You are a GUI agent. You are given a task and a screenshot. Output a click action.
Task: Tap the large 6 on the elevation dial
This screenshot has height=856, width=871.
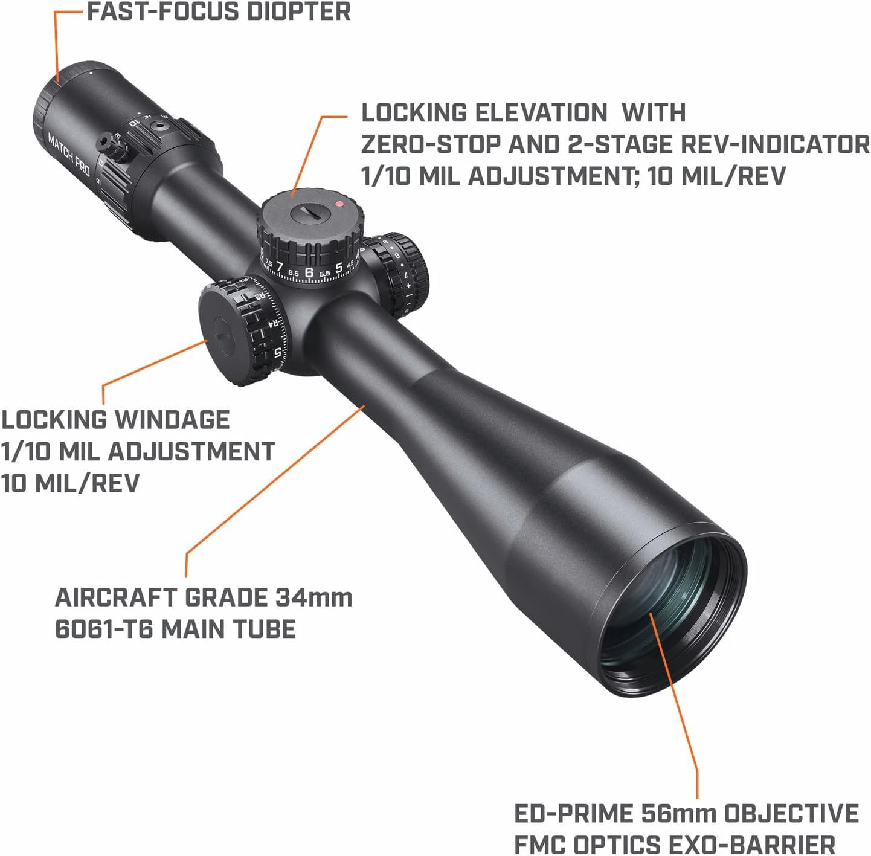309,272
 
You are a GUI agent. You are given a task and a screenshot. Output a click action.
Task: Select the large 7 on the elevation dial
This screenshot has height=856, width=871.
280,267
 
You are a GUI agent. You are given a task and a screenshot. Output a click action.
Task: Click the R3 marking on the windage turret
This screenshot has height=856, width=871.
260,297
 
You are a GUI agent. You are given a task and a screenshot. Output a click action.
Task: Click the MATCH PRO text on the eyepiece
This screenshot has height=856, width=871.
69,155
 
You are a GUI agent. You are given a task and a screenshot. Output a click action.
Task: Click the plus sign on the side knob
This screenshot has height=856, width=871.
408,286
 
